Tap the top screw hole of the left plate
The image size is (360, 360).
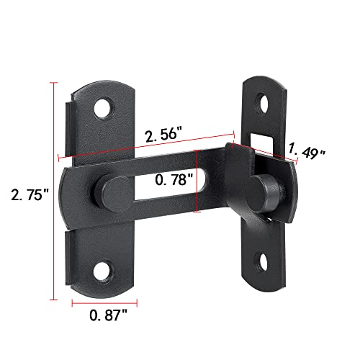click(106, 107)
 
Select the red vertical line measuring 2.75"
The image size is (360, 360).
click(53, 191)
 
